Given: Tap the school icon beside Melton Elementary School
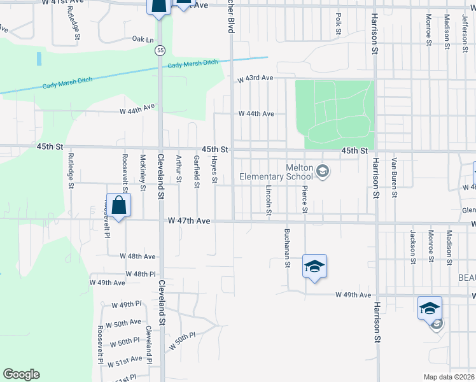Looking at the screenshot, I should pos(323,169).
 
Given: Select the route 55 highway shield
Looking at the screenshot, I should pos(160,50).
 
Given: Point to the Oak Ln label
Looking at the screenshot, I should pos(143,39).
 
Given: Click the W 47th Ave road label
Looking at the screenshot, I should pos(188,221).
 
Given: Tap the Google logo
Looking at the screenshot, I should pos(21,374).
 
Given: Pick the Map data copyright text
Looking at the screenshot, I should pos(449,377).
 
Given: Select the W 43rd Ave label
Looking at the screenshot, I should pos(255,78).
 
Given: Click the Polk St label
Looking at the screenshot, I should pos(339,23).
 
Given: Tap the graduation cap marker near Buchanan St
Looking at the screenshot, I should pos(314,265).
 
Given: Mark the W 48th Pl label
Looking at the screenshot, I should pos(141,274).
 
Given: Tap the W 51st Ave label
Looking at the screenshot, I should pos(125,360).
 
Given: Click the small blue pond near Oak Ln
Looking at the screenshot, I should pos(39,59).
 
